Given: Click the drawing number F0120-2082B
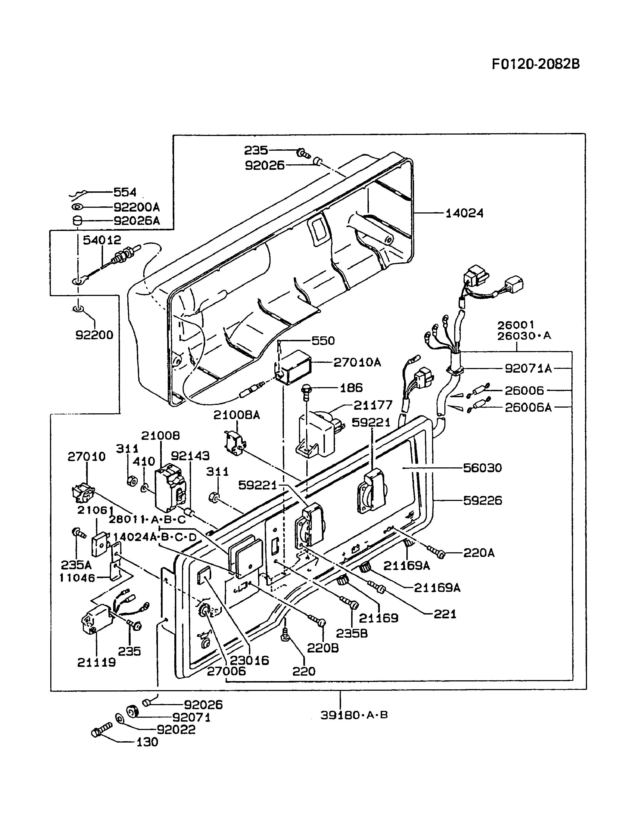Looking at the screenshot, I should click(536, 64).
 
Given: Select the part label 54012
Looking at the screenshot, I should click(102, 240).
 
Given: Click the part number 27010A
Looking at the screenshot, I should click(357, 362).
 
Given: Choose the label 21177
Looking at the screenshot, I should click(373, 405).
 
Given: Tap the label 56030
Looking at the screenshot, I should click(482, 468).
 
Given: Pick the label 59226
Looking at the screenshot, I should click(482, 501).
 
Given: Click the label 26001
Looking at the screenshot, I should click(516, 325).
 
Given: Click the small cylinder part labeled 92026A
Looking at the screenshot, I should click(77, 221).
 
